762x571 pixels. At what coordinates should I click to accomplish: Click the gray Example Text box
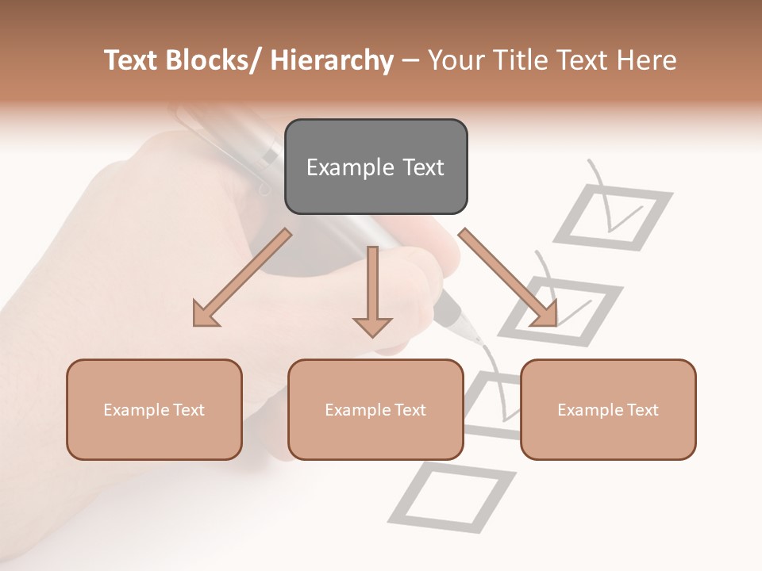[375, 167]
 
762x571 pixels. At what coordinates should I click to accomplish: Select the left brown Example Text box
[154, 409]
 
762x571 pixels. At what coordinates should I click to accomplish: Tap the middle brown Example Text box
[375, 409]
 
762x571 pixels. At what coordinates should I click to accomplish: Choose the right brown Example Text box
[608, 409]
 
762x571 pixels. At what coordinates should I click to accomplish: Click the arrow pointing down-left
[242, 278]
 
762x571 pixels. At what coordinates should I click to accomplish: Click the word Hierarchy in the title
[332, 60]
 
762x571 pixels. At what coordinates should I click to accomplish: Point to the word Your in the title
[454, 60]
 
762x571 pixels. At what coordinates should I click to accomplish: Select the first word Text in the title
[132, 60]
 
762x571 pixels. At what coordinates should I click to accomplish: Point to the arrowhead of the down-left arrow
[205, 315]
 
